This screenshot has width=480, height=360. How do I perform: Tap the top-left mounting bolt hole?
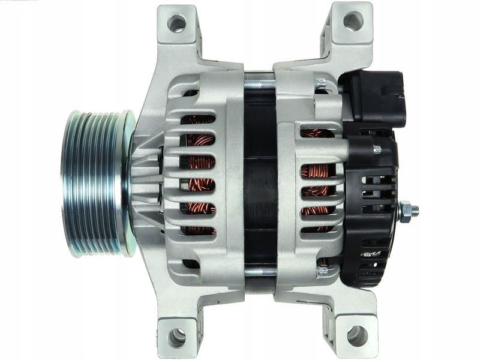point(176,23)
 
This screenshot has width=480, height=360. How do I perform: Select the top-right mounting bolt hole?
point(353,21)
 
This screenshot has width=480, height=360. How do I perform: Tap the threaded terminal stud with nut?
point(408,211)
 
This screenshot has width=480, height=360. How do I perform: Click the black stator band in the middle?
point(260,180)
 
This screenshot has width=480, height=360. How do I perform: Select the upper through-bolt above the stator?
point(260,84)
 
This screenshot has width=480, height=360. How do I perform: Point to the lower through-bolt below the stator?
point(260,272)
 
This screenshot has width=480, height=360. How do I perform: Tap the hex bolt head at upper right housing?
point(321,85)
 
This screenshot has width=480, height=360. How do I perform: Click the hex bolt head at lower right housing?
point(323,270)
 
